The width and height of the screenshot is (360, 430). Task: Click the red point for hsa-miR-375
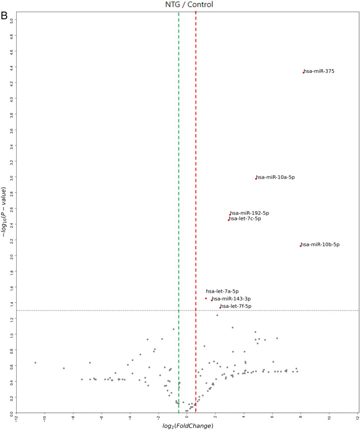[x=304, y=72]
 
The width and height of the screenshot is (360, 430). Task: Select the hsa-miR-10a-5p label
[x=276, y=177]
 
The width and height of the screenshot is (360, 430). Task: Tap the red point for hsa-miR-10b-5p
[x=301, y=246]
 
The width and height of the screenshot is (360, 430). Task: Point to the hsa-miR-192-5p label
[x=250, y=213]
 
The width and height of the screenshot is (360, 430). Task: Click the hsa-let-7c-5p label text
[x=245, y=219]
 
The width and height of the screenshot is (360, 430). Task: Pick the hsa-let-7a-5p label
[x=222, y=291]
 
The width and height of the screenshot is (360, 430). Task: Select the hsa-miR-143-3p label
[x=232, y=299]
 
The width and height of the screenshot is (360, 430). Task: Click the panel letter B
[x=5, y=16]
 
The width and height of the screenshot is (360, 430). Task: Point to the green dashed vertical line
[x=178, y=153]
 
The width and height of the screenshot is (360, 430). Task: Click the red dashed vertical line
[x=196, y=153]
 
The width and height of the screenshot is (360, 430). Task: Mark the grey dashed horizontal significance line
[x=102, y=310]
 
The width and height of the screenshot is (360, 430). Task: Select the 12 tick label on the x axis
[x=357, y=419]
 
